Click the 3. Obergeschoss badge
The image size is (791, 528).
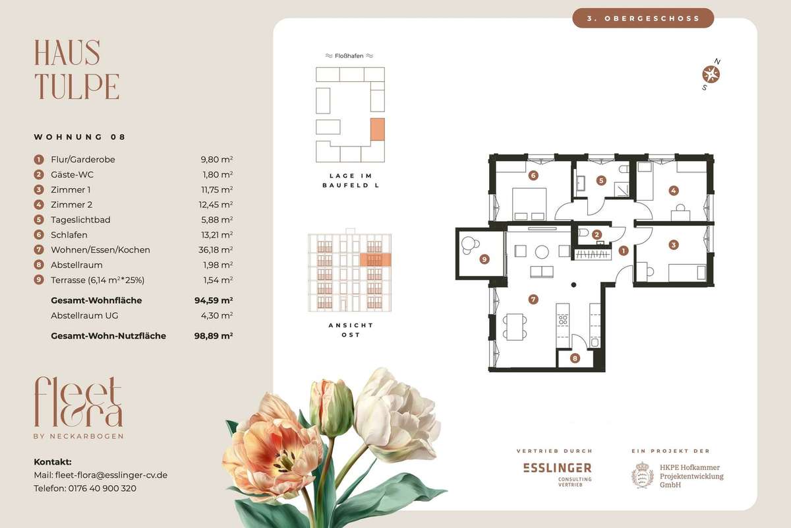click(x=643, y=18)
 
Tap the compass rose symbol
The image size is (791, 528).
click(x=711, y=75)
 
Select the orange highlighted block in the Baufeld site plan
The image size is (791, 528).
click(x=378, y=129)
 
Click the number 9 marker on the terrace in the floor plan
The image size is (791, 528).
click(x=484, y=259)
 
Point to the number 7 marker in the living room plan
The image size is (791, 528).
click(x=533, y=300)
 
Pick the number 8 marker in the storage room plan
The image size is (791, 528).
click(x=575, y=358)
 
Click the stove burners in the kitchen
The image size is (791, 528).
click(x=563, y=320)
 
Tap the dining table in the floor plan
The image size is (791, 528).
click(x=515, y=327)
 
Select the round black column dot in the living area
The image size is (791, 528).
click(x=573, y=284)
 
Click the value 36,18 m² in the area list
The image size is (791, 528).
click(x=216, y=250)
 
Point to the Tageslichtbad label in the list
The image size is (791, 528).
click(x=80, y=220)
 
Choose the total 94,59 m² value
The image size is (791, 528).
click(x=214, y=300)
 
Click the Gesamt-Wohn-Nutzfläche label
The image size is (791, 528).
click(x=108, y=336)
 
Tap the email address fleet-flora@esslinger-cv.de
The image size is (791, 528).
click(x=111, y=475)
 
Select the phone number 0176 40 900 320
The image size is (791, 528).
click(x=102, y=488)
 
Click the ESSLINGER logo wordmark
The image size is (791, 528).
click(x=557, y=468)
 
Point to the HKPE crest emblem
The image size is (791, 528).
click(x=642, y=475)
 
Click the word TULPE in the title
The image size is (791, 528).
click(x=76, y=86)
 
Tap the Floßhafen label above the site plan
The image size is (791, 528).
click(x=349, y=56)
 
